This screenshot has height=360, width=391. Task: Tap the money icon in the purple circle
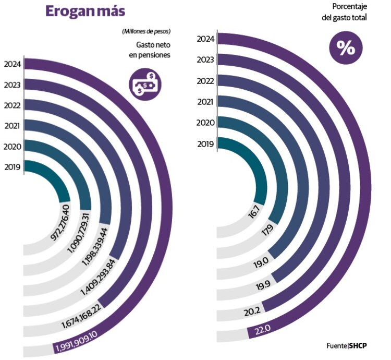click(145, 83)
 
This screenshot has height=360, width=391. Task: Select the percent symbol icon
click(345, 48)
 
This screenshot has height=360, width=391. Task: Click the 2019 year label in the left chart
click(11, 167)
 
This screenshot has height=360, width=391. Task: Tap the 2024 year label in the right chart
click(204, 38)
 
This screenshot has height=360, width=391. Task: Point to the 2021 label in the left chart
click(11, 126)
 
